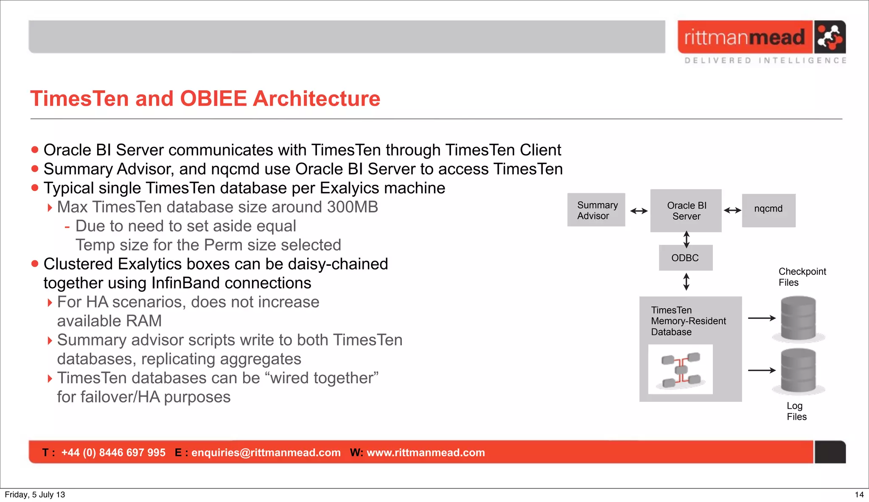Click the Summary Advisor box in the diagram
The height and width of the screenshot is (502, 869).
click(x=596, y=210)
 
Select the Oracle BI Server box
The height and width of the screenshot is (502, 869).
click(x=686, y=211)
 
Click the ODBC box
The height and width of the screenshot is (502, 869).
click(x=685, y=258)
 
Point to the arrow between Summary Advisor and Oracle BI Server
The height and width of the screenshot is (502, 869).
click(x=639, y=211)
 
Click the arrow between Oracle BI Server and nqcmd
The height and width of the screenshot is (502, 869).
click(x=732, y=210)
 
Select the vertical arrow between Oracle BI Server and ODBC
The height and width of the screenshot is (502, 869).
click(x=686, y=239)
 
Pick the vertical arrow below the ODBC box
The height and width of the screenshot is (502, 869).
click(x=686, y=282)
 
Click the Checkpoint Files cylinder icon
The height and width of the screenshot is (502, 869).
click(x=798, y=318)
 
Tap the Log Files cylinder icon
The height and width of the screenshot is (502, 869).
click(x=798, y=371)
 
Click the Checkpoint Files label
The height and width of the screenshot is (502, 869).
click(x=802, y=277)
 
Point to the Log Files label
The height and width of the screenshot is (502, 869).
click(x=796, y=411)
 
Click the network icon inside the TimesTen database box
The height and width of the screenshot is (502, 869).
click(x=681, y=370)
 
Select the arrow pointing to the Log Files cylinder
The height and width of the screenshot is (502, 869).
click(x=762, y=371)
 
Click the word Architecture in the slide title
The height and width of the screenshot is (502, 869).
click(x=316, y=99)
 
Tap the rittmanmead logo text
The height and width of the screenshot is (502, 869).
click(x=744, y=37)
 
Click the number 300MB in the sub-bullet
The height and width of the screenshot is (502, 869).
click(x=352, y=207)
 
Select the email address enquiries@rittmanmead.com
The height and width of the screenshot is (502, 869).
click(x=266, y=452)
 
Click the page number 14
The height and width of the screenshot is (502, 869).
click(x=859, y=494)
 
